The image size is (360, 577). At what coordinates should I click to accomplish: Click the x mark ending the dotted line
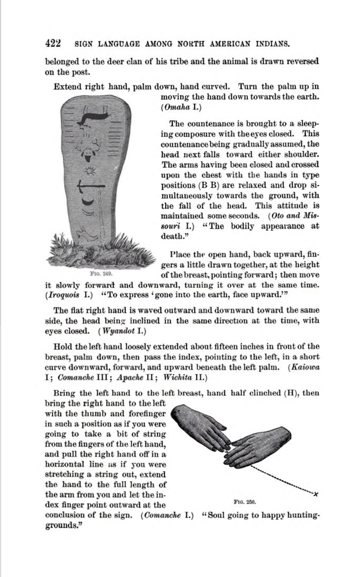coord(316,494)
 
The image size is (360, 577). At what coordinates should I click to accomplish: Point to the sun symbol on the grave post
coord(89,171)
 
